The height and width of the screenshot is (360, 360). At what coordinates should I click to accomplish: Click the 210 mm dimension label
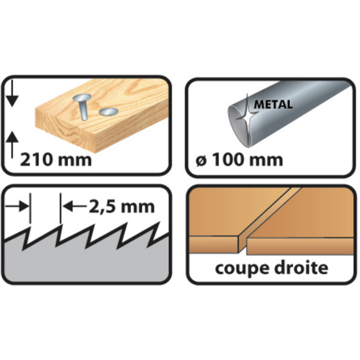[x=56, y=160]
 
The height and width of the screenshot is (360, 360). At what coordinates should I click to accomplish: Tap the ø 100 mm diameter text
[x=239, y=160]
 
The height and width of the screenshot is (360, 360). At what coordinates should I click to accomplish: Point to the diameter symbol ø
[x=199, y=160]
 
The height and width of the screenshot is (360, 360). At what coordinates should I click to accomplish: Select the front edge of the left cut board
[x=215, y=245]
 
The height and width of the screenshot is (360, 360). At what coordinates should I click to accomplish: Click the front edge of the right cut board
[x=300, y=245]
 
